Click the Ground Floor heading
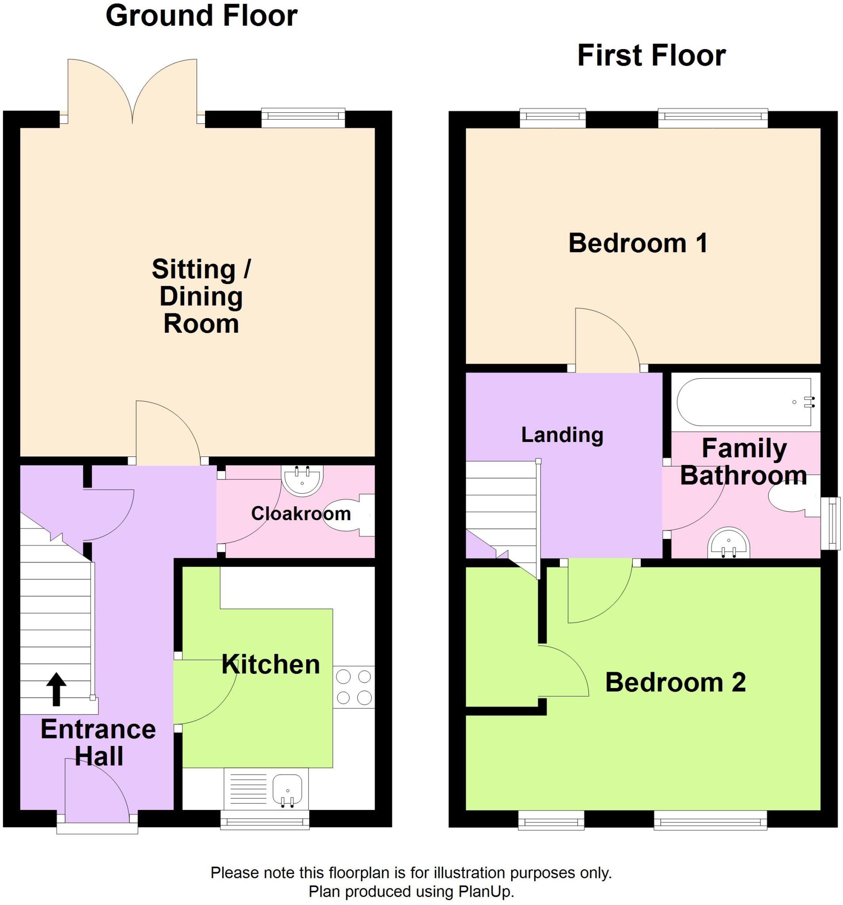pos(201,16)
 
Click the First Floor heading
pos(651,56)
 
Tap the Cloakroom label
pos(301,513)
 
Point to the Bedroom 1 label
pos(638,243)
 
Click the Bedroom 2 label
pos(676,682)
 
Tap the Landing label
pos(562,435)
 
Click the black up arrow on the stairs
pos(56,689)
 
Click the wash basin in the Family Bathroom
pos(728,543)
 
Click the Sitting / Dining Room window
pos(303,118)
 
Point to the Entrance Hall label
pos(99,742)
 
